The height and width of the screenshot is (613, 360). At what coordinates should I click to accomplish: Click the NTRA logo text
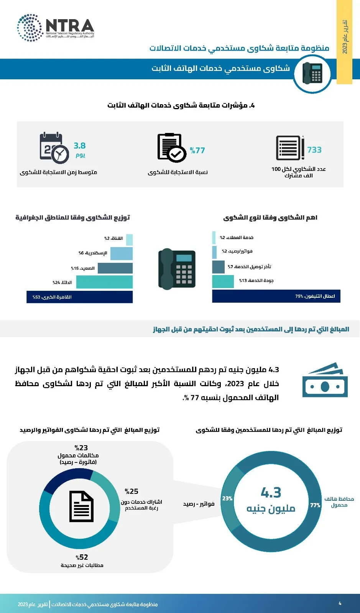coord(70,26)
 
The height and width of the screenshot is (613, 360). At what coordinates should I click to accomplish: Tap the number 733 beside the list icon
coord(314,150)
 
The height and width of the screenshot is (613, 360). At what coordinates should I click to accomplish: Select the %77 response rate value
coord(197,151)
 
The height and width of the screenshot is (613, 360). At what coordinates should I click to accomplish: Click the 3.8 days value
coord(80,146)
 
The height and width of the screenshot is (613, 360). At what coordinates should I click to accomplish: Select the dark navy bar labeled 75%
coord(276,296)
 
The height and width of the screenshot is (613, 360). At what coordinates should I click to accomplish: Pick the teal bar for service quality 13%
coord(223,281)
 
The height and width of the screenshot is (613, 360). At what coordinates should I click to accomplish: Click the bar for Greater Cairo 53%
coord(79,297)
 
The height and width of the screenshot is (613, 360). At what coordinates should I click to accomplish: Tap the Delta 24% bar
coord(104,282)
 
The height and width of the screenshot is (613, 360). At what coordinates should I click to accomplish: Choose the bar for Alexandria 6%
coord(121,253)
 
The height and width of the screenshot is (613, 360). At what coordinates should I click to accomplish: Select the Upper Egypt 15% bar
coord(115,268)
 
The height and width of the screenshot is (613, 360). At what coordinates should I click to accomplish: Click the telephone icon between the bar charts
coord(177,269)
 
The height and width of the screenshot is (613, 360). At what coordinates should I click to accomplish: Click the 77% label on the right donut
coord(315,505)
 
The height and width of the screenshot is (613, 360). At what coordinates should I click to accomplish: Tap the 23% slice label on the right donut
coord(227,498)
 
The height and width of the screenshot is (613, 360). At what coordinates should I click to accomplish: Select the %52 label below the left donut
coord(82,557)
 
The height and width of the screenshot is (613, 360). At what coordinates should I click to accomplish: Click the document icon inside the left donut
coord(81,506)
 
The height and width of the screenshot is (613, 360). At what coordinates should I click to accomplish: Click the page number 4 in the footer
coord(340,603)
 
